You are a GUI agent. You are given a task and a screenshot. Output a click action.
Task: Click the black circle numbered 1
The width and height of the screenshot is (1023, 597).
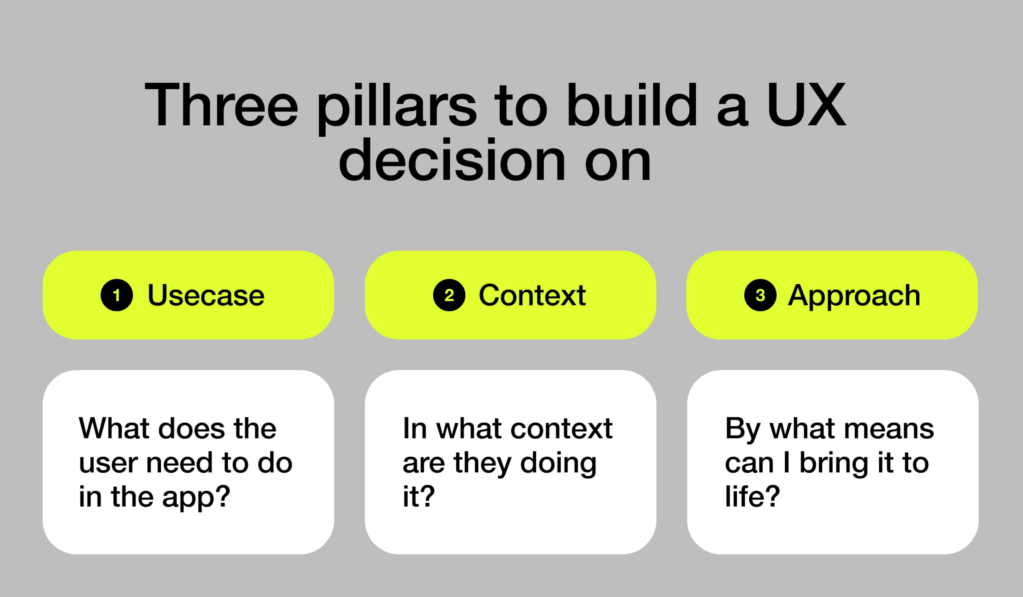(116, 295)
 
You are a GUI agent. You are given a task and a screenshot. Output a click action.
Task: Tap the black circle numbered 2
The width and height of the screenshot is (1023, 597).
(449, 295)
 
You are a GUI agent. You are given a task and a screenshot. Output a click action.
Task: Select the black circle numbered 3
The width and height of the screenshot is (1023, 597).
(760, 295)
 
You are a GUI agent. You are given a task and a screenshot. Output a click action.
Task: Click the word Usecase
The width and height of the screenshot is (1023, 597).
(206, 295)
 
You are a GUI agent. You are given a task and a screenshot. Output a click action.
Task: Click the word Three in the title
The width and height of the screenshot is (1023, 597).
(221, 105)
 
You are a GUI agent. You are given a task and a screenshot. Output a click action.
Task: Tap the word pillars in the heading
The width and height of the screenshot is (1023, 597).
(397, 106)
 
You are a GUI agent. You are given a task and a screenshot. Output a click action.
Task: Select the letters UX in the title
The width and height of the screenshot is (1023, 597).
(806, 105)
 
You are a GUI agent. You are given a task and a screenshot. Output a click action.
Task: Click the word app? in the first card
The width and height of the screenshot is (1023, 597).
(196, 498)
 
